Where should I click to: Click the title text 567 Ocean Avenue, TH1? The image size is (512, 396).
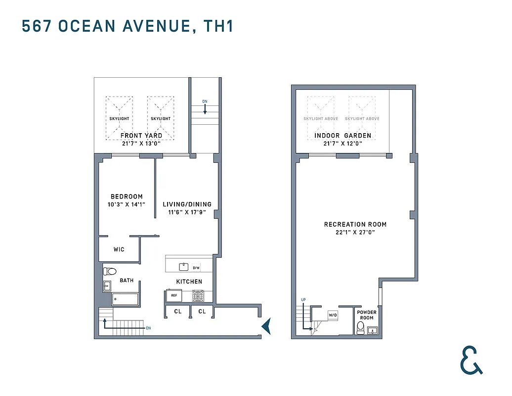128,26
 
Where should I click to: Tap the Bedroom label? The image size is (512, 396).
127,197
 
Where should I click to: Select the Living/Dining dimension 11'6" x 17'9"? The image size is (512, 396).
187,212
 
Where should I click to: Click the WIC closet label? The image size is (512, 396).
119,249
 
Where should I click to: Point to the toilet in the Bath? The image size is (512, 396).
109,271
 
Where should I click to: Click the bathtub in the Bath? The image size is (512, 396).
125,299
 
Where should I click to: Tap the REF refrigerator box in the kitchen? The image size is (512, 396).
173,296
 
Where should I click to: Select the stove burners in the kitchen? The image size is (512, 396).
198,296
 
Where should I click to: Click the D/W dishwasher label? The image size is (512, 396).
196,268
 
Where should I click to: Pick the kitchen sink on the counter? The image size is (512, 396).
184,267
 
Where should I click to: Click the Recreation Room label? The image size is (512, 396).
355,224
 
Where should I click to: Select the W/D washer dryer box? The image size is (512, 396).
333,315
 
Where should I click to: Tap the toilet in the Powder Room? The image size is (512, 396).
360,328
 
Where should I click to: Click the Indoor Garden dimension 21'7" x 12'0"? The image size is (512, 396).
342,144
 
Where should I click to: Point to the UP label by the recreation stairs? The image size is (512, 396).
304,300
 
